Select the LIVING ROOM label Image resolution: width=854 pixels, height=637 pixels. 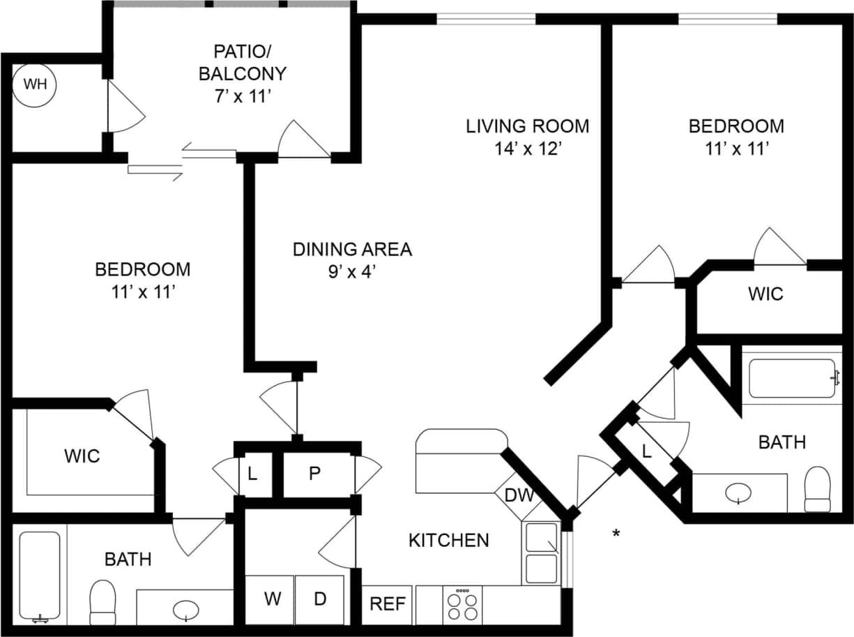(527, 126)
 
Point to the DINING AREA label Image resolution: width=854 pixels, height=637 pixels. (352, 249)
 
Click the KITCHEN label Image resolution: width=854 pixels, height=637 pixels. (448, 539)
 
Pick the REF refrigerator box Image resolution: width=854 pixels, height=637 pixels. (388, 604)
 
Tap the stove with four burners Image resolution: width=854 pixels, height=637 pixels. (462, 605)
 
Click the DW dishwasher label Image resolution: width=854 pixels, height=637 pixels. (519, 496)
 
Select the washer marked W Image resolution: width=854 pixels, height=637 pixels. (270, 599)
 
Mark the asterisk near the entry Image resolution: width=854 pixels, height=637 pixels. (616, 534)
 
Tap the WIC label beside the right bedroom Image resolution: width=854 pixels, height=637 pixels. (765, 294)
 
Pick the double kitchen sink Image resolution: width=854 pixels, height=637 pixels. (541, 553)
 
